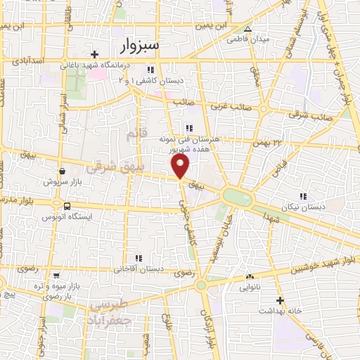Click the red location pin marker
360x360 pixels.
coord(181,166)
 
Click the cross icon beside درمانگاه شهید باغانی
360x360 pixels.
coord(94,54)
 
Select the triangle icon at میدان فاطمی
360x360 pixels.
coord(247,29)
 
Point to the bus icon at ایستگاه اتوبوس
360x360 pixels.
coord(66,207)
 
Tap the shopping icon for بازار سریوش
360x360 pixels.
coord(63,171)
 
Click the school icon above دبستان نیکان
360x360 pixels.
coord(303,196)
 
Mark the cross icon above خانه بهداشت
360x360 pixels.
coord(280,300)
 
